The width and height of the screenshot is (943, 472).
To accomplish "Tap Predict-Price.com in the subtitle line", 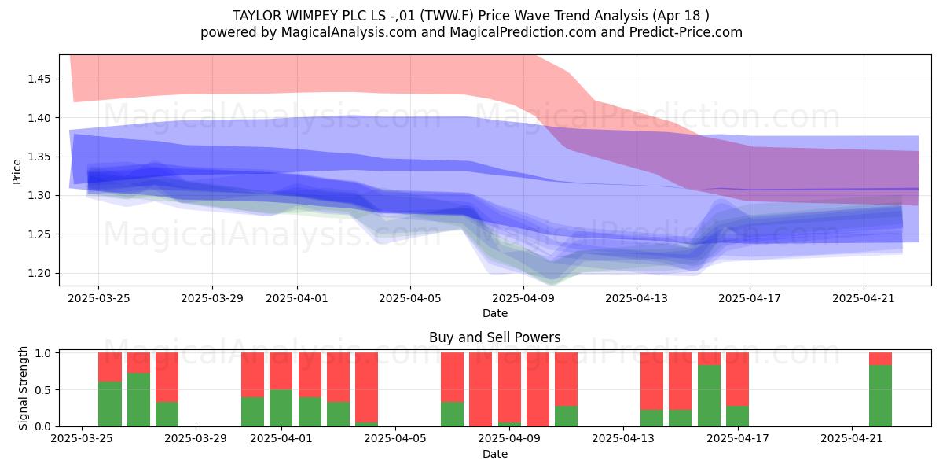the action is click(686, 32).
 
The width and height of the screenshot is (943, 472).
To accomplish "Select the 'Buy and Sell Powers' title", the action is click(494, 337).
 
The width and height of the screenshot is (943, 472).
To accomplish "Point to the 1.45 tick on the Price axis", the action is click(39, 79).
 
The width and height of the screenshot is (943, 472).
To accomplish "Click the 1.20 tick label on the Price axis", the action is click(39, 274).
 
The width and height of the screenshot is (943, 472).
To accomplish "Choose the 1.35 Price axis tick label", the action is click(39, 157).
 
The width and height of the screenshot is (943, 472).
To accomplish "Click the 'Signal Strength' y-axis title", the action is click(23, 388).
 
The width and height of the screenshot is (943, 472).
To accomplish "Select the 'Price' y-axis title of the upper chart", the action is click(17, 171).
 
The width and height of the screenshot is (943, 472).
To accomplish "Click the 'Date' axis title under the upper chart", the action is click(494, 314).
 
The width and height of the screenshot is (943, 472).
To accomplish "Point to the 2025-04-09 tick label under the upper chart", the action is click(523, 298).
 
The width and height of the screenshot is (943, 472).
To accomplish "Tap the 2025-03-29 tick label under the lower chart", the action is click(196, 439).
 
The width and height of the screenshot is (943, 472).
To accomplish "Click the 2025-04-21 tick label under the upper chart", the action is click(864, 298).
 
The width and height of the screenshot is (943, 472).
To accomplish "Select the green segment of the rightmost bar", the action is click(880, 396).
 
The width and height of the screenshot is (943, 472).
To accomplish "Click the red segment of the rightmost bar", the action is click(880, 359).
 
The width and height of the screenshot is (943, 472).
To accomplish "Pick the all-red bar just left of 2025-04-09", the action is click(480, 389).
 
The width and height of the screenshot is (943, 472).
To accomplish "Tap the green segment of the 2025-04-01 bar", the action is click(281, 408).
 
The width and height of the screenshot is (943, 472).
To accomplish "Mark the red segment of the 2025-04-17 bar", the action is click(737, 379).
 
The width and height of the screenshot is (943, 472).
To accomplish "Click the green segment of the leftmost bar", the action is click(110, 404).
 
